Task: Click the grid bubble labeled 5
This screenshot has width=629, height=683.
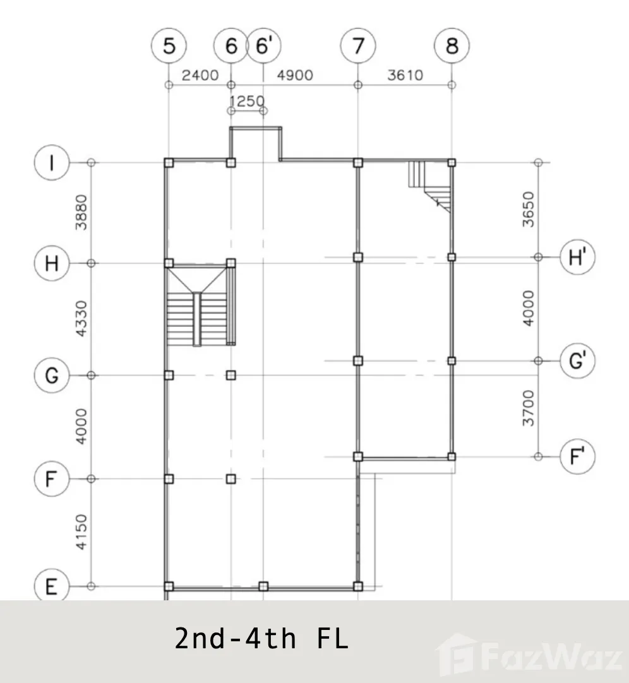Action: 169,45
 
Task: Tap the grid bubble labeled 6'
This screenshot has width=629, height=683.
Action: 264,45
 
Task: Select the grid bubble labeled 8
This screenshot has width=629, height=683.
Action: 452,45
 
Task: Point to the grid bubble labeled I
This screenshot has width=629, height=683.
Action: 52,163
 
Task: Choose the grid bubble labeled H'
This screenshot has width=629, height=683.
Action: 578,257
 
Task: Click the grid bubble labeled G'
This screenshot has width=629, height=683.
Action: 578,360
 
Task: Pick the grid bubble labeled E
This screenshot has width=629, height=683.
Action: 52,586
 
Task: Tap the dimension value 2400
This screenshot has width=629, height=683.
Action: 200,75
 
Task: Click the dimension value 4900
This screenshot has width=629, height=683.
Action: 295,75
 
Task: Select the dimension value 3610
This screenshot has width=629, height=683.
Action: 405,75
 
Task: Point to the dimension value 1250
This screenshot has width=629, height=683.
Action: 247,101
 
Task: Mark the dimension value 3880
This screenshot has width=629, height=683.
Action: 81,212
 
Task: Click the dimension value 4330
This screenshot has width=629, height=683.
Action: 81,318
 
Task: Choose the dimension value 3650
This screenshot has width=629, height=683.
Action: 529,209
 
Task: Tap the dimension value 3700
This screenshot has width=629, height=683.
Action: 529,408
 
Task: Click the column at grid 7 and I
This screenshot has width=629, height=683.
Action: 358,163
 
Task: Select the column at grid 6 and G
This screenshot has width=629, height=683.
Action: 231,375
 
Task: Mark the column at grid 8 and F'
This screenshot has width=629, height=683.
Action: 452,456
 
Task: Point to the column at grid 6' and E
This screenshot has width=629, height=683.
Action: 263,586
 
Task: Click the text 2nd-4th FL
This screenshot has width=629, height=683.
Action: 261,639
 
